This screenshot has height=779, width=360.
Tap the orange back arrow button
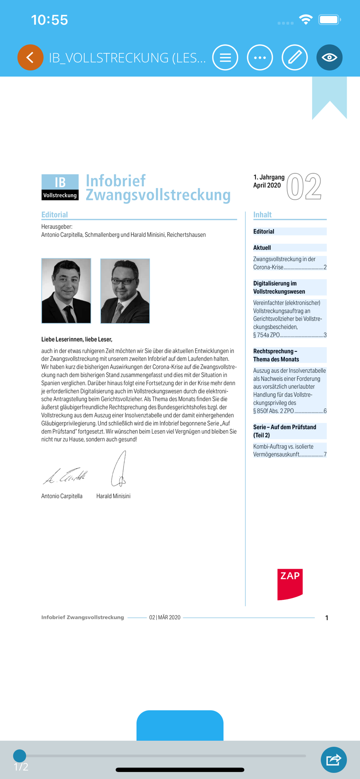(x=30, y=58)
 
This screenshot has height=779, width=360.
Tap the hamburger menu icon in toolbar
(x=225, y=58)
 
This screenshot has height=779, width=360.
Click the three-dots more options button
(x=260, y=58)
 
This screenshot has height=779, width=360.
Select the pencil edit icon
(x=295, y=58)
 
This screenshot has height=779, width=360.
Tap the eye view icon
(x=329, y=58)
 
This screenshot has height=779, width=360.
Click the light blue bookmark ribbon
(x=329, y=95)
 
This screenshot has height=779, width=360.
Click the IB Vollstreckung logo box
(x=60, y=187)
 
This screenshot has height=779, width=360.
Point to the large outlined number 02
(x=304, y=187)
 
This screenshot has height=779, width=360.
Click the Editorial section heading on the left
(x=55, y=215)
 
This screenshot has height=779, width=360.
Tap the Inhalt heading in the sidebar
(x=262, y=215)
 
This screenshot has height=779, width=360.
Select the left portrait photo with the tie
(x=66, y=291)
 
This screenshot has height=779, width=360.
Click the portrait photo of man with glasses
(x=125, y=291)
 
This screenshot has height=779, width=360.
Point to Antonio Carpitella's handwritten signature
(x=65, y=476)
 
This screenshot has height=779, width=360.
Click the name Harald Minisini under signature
(x=113, y=496)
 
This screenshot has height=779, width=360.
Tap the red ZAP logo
(x=290, y=584)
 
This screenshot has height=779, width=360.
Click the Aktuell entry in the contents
(x=262, y=248)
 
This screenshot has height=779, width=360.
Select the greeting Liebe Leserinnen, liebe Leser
(x=77, y=339)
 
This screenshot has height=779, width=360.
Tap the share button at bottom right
(x=334, y=760)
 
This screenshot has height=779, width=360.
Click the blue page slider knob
(x=19, y=756)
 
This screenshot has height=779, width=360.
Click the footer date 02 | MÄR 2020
(x=165, y=617)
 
